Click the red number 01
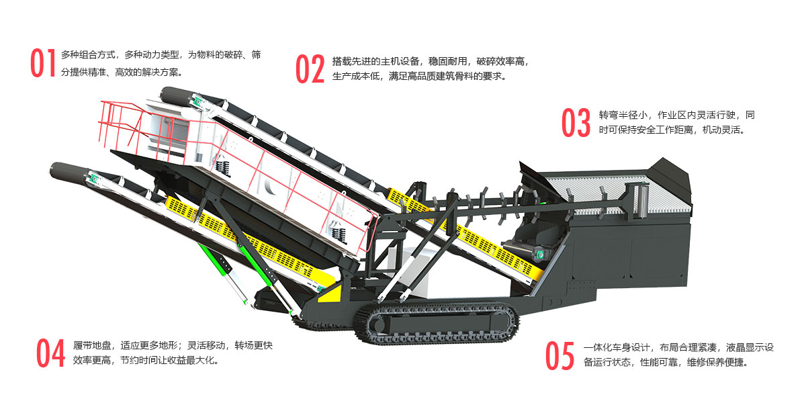click(43, 63)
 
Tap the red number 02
click(310, 69)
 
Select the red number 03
click(576, 123)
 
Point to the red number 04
click(50, 353)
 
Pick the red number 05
click(560, 356)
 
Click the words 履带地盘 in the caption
click(92, 346)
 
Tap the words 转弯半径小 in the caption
click(623, 115)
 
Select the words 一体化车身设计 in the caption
click(617, 348)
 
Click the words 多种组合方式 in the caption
click(88, 54)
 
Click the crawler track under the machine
click(437, 323)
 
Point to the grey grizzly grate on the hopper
click(612, 193)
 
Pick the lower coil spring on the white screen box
click(339, 234)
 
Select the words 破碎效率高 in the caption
click(500, 61)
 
